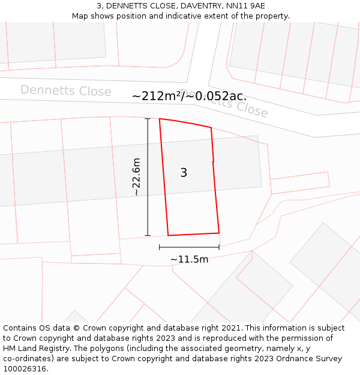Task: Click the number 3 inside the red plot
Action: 184,173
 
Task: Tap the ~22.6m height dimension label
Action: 136,177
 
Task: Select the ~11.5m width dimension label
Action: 189,259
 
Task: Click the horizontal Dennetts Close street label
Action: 66,91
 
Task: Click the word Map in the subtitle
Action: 81,16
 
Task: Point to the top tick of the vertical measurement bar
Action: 148,119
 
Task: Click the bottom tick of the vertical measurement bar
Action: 148,235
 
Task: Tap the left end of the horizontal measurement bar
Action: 160,247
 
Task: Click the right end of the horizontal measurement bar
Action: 219,247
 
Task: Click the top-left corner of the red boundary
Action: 160,119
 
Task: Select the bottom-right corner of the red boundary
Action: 219,233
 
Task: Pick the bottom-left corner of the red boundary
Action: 168,235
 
